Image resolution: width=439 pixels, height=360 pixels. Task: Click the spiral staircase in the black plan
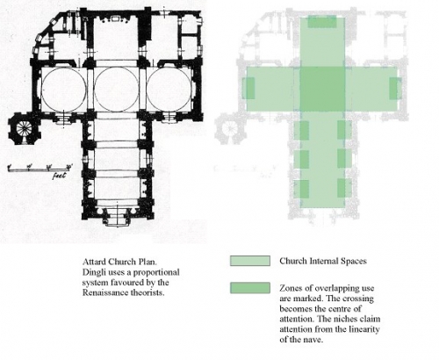coord(23,128)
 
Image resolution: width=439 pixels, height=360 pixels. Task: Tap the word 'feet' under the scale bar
coord(60,176)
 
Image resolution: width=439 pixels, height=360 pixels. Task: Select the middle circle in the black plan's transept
coord(116,89)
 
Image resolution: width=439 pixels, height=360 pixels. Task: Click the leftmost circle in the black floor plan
coord(64,89)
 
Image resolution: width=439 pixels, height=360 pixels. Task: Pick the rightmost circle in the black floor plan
coord(169,89)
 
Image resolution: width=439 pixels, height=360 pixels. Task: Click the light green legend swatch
coord(250,261)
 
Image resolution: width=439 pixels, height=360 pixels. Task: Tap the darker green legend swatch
coord(250,288)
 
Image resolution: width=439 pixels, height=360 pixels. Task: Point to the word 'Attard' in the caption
coord(94,262)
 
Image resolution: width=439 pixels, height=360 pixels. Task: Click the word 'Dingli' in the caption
coord(93,272)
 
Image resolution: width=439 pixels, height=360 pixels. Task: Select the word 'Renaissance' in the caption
coord(103,292)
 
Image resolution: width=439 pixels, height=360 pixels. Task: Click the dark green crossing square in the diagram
coord(322,89)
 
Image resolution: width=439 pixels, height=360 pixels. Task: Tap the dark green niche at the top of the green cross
coord(322,22)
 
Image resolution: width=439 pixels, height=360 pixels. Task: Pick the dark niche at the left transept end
coord(249,89)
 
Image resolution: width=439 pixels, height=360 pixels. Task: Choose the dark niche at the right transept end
coord(394,89)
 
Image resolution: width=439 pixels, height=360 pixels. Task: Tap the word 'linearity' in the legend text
coord(364,329)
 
